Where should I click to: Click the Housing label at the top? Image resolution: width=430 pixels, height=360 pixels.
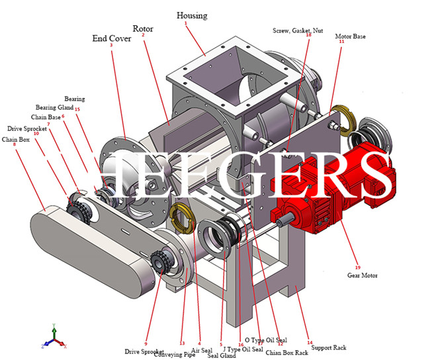point(192,15)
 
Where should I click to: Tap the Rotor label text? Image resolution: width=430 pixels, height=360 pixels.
point(143,28)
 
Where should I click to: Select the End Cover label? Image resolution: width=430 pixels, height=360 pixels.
point(111,38)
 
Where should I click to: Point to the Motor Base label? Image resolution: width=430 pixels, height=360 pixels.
point(350,36)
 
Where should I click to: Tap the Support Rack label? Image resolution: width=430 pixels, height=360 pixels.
point(328,347)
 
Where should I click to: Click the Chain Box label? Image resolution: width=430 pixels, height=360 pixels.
point(15,140)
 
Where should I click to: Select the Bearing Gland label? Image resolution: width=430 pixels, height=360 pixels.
point(54,107)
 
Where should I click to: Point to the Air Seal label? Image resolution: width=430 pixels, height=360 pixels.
point(202,351)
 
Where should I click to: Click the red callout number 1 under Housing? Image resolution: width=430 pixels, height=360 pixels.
point(186,23)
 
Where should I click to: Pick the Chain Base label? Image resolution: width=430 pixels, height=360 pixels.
point(46,117)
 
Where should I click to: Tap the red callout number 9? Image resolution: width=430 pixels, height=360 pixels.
point(146,326)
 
